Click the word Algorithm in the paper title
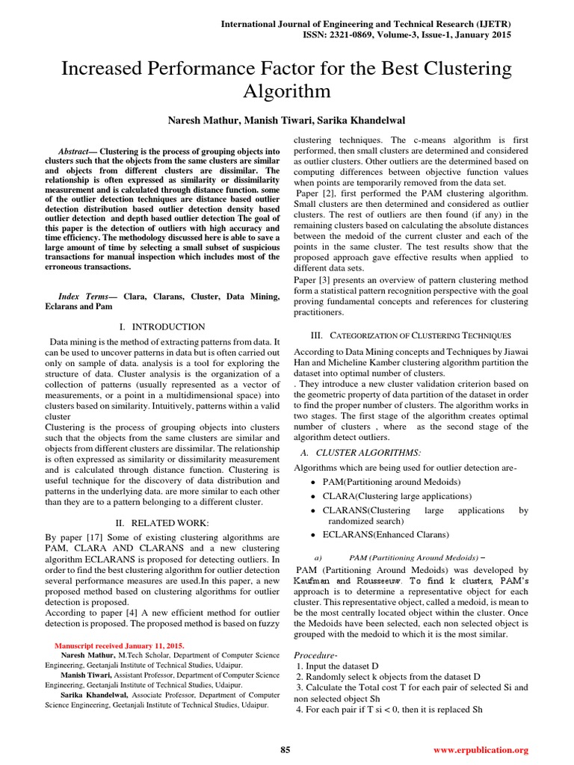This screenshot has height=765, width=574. click(287, 91)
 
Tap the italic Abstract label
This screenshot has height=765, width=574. click(75, 151)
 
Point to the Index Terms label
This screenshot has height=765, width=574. click(82, 297)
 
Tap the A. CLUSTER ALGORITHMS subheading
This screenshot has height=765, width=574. click(360, 453)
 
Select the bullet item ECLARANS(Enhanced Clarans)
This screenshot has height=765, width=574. click(386, 535)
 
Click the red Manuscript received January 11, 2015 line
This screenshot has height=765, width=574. click(120, 645)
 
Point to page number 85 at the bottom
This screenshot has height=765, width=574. click(285, 749)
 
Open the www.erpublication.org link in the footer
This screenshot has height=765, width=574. click(481, 749)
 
